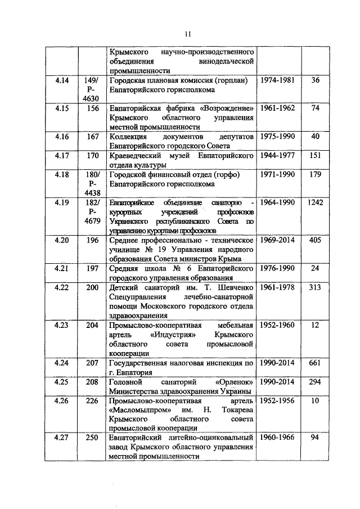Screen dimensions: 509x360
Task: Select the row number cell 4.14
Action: pyautogui.click(x=62, y=81)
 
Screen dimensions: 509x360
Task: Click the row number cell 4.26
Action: pyautogui.click(x=62, y=401)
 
